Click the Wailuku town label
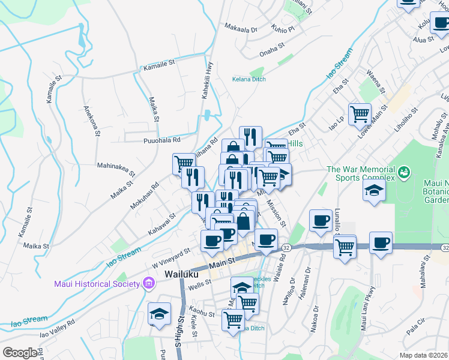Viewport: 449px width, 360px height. pos(182,274)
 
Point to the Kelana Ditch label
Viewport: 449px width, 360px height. pos(249,79)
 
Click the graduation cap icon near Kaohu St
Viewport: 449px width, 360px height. pos(159,314)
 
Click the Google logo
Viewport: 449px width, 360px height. pos(20,353)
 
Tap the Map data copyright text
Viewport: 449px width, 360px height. pos(423,355)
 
